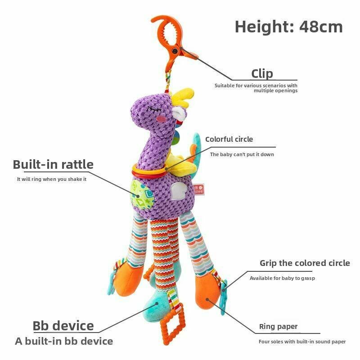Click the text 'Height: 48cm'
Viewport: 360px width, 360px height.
288,27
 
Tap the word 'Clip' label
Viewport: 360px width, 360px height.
262,74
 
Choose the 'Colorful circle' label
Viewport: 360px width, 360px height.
229,139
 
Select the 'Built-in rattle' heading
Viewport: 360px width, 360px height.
53,165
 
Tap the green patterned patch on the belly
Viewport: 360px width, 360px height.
140,195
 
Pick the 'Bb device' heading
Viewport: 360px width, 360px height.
63,326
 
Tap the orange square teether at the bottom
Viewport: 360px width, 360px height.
173,324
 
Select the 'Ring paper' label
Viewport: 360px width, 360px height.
278,327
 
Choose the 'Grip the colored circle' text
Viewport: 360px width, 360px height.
305,263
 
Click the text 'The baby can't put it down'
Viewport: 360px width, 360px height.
242,154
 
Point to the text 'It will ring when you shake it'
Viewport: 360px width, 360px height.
52,179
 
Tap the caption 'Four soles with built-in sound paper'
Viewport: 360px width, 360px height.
302,342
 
